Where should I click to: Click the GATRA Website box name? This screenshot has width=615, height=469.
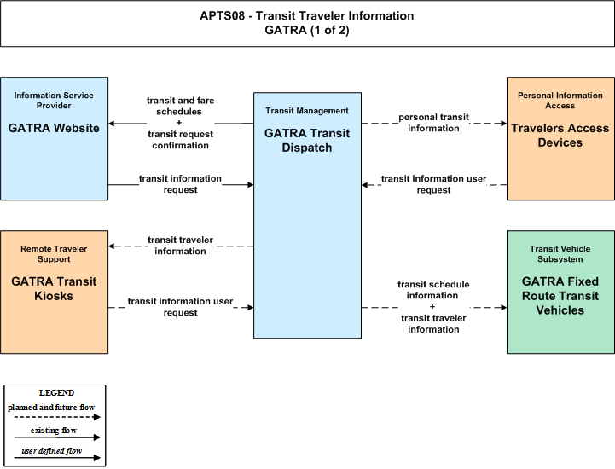(54, 128)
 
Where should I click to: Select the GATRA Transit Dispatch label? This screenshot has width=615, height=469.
(307, 141)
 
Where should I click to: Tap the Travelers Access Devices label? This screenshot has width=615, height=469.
(560, 136)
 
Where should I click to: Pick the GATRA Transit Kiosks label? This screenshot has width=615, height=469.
(54, 288)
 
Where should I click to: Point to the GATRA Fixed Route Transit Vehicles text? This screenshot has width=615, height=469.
(560, 296)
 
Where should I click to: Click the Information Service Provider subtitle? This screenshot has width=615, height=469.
(54, 101)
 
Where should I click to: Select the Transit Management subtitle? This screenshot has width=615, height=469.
(307, 111)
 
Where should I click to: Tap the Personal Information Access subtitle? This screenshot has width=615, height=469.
(560, 101)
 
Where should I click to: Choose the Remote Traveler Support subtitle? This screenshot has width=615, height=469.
(54, 254)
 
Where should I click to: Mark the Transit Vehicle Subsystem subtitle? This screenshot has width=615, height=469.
(560, 254)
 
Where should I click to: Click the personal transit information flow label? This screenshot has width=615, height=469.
(433, 123)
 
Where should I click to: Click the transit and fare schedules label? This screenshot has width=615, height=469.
(180, 106)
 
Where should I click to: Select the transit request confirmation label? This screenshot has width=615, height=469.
(181, 140)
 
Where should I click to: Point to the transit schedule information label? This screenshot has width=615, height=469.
(433, 290)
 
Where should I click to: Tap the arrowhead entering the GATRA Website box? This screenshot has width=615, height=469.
(112, 124)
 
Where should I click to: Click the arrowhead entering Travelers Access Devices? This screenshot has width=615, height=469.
(503, 124)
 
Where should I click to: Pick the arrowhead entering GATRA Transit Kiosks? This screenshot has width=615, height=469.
(112, 246)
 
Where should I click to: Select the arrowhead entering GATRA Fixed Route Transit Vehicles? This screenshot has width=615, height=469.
(503, 308)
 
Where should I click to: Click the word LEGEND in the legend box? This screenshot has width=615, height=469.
(56, 392)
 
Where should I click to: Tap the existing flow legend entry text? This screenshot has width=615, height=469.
(54, 431)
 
